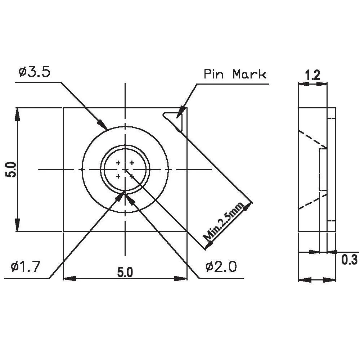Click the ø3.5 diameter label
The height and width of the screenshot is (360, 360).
click(x=34, y=72)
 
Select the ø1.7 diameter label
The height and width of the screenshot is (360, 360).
click(x=25, y=267)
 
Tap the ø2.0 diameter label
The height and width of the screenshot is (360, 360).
click(x=221, y=267)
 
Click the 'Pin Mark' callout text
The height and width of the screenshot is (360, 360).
click(x=235, y=75)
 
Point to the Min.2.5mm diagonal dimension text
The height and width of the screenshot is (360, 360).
click(x=223, y=222)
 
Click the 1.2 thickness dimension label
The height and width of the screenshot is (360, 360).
click(x=312, y=75)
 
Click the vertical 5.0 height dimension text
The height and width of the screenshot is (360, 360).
click(x=10, y=170)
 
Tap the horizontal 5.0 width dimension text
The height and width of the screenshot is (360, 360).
click(x=125, y=273)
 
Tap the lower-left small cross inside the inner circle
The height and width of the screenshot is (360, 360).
click(x=118, y=176)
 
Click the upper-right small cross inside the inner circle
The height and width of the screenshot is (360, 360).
click(x=132, y=163)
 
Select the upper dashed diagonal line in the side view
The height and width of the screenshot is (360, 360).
click(x=312, y=139)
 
